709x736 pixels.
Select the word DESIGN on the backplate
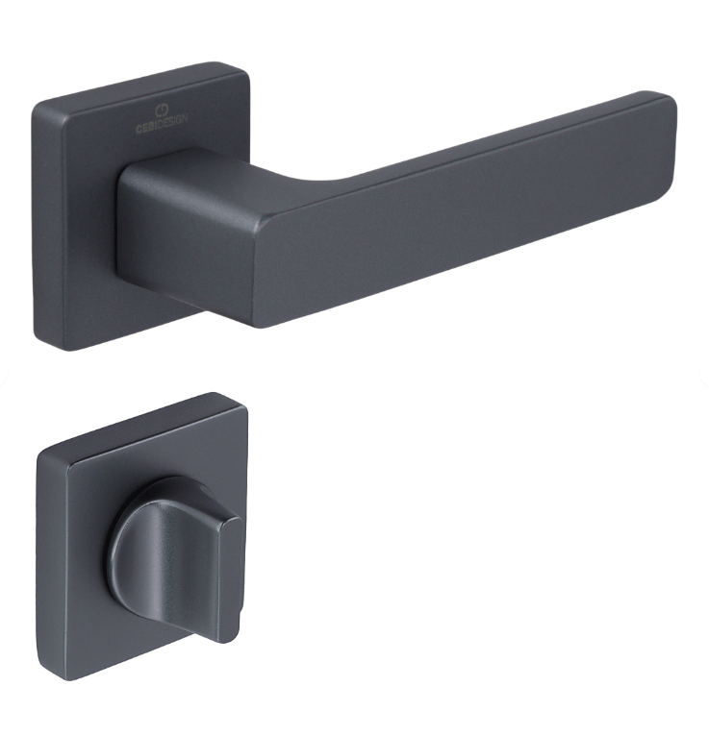pos(172,121)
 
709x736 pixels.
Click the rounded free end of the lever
pos(668,141)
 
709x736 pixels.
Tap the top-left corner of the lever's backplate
pos(36,106)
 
